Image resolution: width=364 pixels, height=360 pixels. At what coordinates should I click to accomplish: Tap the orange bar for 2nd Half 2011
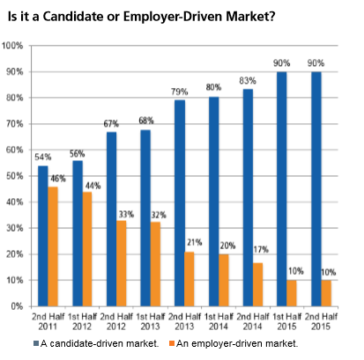click(54, 246)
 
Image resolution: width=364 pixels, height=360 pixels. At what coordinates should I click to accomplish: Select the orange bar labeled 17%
click(258, 284)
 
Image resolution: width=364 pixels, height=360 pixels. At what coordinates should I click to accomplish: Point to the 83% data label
click(248, 81)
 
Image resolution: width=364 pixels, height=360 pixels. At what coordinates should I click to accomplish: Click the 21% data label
click(190, 244)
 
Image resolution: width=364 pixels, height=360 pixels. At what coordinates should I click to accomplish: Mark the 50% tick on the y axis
click(14, 176)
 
